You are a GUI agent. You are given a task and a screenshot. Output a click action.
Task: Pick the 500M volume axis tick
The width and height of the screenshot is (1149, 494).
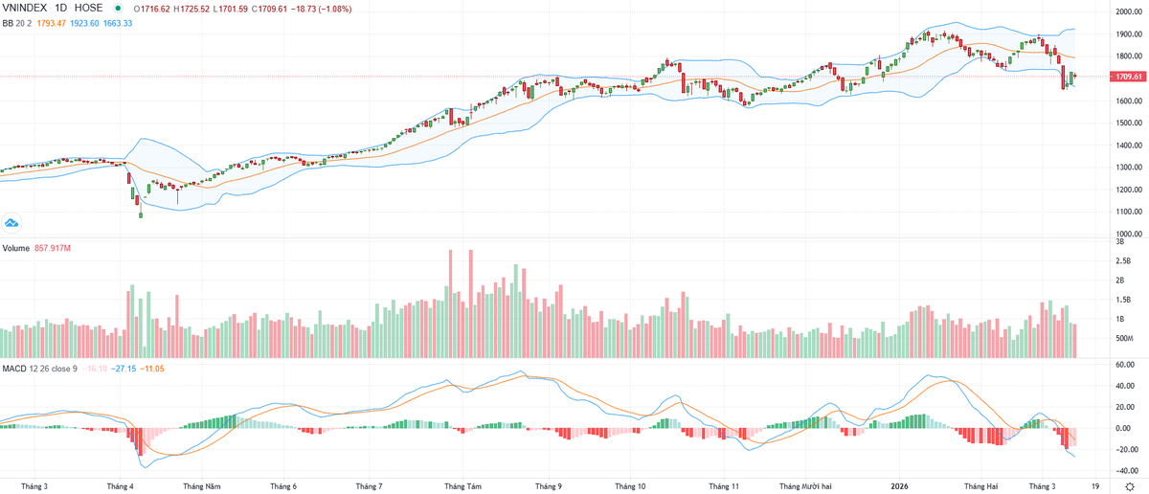coord(1124,339)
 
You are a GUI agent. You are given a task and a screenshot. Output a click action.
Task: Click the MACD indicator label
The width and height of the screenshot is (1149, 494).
coord(13,368)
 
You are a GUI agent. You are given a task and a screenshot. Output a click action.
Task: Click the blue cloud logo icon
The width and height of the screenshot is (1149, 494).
coord(12,223)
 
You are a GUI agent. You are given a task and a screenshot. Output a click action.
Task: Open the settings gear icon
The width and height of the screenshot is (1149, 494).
coord(1129,485)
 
